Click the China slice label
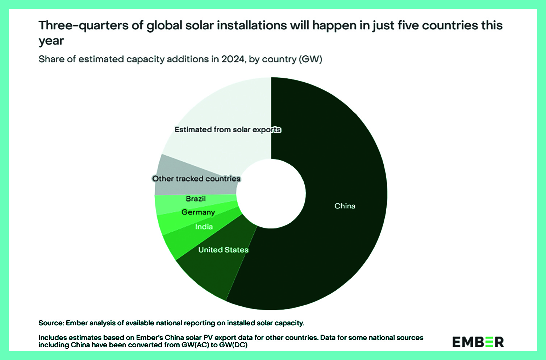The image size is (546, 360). point(345,206)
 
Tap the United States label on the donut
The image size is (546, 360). point(223,250)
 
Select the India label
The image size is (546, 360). point(204,227)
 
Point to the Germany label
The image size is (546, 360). point(198,212)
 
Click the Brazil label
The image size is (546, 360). point(196,199)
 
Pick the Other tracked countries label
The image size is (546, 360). point(196,179)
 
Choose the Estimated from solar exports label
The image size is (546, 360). point(228,129)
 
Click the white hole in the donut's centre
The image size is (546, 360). point(271,194)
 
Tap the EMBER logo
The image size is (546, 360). point(478,342)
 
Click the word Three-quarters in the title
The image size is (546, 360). point(84,26)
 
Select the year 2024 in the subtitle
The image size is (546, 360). point(233,59)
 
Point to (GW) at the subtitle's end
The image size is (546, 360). point(310,59)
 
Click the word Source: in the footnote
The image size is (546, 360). point(51,323)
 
